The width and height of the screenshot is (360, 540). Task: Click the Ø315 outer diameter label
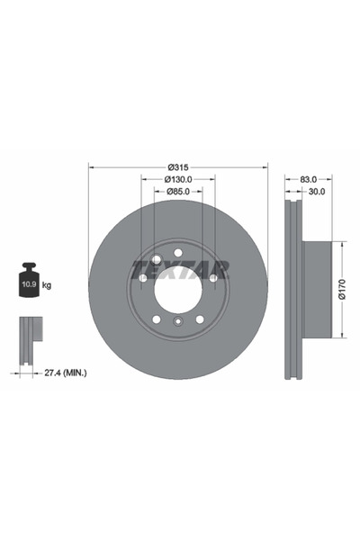(x=178, y=167)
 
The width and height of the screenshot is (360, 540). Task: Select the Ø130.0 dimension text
(x=178, y=179)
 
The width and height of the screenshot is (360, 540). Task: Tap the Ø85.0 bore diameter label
(x=178, y=192)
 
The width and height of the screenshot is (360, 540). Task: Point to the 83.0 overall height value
(x=309, y=179)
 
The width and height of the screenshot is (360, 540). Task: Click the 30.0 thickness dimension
(x=317, y=192)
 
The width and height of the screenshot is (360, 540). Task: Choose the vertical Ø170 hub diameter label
(x=341, y=289)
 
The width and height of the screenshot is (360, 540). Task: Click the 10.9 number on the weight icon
(x=30, y=284)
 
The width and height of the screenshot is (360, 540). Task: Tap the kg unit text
(x=47, y=285)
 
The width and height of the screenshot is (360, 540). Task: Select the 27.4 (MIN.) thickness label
(x=66, y=373)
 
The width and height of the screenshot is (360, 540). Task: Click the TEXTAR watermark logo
(x=181, y=269)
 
